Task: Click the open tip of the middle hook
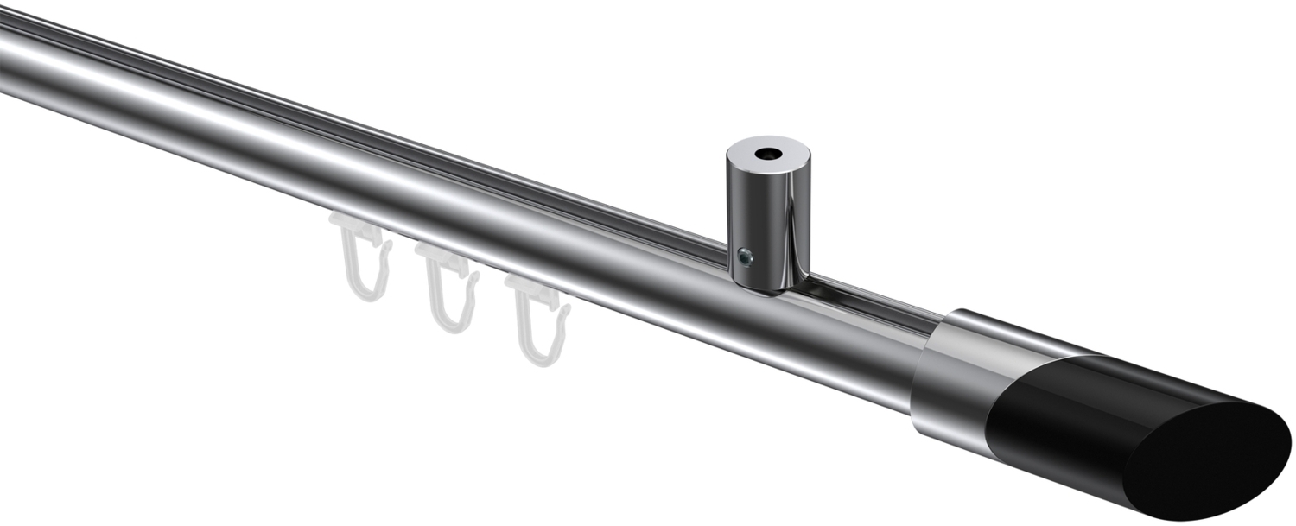point(473,276)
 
